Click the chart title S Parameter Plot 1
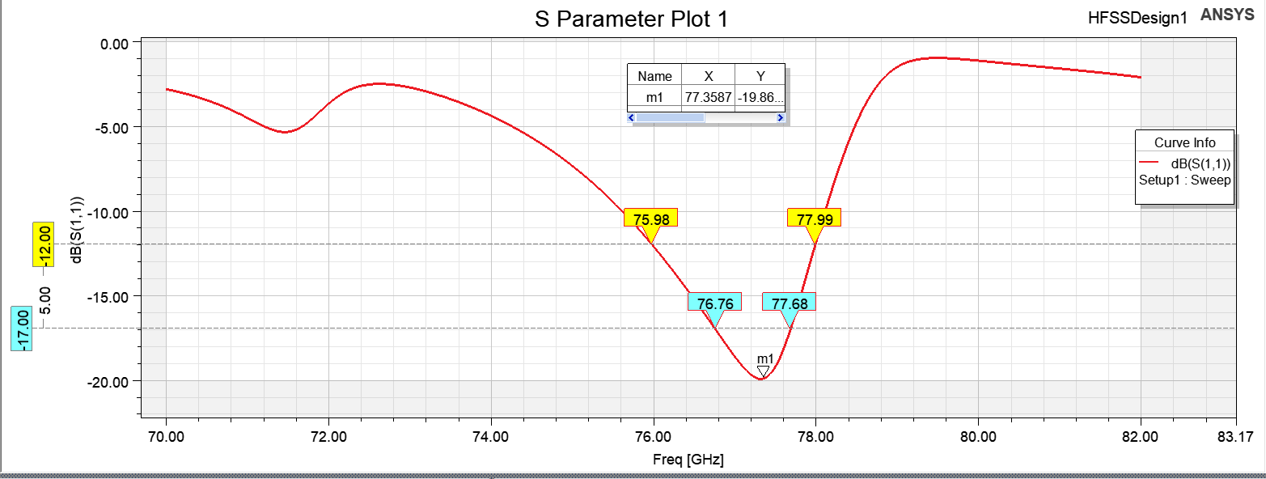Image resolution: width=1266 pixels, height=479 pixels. click(x=631, y=19)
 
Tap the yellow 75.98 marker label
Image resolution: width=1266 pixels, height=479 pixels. click(x=650, y=218)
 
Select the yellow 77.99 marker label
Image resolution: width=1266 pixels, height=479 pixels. click(x=814, y=218)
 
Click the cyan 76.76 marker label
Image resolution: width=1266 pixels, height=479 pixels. click(x=714, y=303)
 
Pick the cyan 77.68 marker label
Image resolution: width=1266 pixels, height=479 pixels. click(x=789, y=303)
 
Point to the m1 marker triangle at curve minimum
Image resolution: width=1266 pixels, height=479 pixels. click(x=763, y=371)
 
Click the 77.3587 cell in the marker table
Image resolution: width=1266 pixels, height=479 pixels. click(x=708, y=97)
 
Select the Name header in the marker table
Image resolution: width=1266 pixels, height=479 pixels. click(x=654, y=76)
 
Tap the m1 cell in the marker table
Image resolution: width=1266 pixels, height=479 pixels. click(x=654, y=97)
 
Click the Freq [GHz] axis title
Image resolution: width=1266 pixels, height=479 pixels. click(x=688, y=460)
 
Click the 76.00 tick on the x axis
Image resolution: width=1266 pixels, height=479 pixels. click(x=654, y=436)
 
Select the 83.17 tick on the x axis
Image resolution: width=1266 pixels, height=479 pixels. click(x=1234, y=436)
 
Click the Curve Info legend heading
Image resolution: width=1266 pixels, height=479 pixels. click(x=1184, y=143)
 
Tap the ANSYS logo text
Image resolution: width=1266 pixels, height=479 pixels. click(x=1230, y=15)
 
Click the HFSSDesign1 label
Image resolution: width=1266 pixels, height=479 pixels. click(x=1137, y=17)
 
